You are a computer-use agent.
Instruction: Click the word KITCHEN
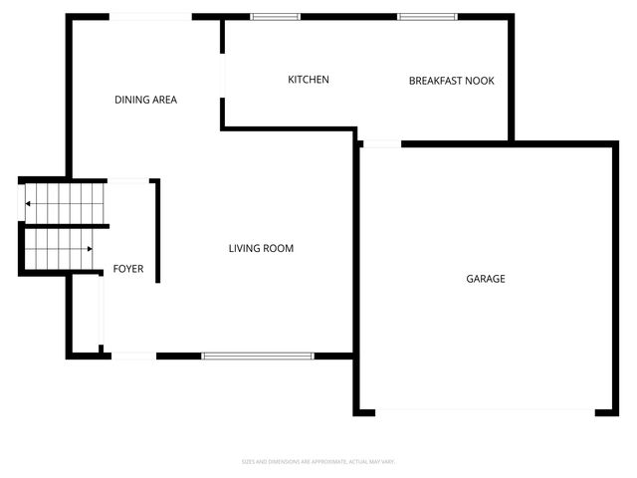309,80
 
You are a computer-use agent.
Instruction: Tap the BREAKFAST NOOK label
451,81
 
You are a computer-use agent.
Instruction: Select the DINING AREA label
146,100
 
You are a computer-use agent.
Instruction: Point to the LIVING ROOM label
261,248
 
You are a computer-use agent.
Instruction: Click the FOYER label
128,269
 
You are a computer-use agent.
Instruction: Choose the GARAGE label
486,279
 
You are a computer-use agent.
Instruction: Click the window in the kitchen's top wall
275,17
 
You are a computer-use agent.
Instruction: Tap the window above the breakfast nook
428,17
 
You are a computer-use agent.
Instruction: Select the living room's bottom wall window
258,356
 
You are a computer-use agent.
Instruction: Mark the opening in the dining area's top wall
150,17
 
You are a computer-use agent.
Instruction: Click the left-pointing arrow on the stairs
29,204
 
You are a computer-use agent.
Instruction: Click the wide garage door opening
485,410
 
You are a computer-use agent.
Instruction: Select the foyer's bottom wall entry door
132,356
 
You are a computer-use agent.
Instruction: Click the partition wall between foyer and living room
157,231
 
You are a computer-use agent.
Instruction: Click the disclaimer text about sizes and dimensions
318,461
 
